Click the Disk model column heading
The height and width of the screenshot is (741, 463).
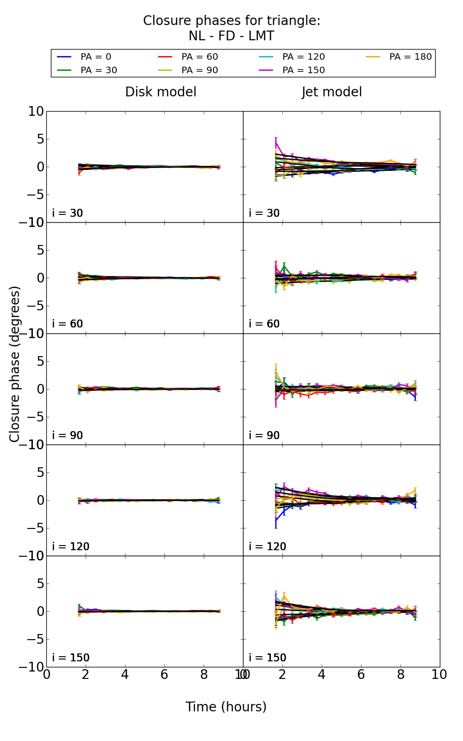point(161,92)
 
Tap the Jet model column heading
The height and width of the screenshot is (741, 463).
point(332,92)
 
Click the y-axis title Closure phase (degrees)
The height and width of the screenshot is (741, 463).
point(15,364)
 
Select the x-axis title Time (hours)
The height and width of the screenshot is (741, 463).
point(226,707)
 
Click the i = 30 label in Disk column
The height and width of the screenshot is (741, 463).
point(68,213)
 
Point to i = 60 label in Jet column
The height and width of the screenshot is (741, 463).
point(264,324)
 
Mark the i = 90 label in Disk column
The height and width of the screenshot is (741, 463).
point(68,435)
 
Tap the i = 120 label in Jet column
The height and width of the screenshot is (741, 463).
point(267,546)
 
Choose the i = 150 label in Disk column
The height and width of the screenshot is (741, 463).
point(70,658)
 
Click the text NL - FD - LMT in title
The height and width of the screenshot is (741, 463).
point(231,36)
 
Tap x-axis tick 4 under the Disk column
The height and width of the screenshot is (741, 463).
point(125,674)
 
